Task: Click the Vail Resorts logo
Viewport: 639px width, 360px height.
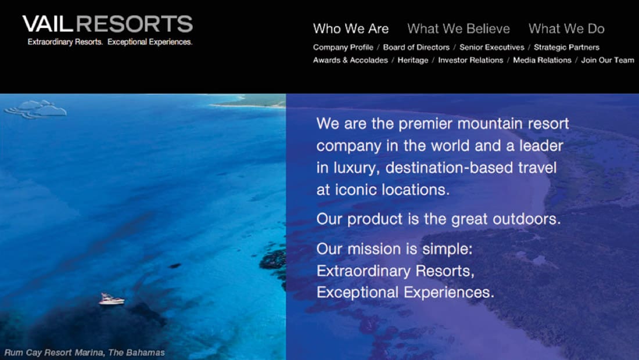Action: point(107,24)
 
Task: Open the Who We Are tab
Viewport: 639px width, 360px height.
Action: point(351,28)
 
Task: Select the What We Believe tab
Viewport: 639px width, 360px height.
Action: point(458,28)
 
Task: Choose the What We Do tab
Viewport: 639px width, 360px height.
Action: point(566,28)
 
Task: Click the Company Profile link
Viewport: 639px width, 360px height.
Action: point(343,47)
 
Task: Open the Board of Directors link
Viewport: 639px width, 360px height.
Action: point(416,47)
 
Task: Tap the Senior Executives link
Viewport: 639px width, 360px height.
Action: point(492,47)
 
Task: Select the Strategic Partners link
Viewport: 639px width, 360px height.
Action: point(566,47)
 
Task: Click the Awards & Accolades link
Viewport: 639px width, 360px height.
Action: point(350,60)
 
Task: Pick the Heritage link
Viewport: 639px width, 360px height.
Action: point(413,60)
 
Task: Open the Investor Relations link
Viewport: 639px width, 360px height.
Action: point(471,60)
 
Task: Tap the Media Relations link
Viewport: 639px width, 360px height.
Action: point(542,60)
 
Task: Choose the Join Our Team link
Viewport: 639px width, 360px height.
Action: point(608,60)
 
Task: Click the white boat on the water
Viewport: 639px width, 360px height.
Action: point(112,299)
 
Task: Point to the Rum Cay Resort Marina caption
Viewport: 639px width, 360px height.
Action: point(84,352)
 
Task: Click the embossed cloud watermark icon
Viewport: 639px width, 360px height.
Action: point(35,109)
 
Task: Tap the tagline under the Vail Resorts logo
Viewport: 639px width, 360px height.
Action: point(110,42)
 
